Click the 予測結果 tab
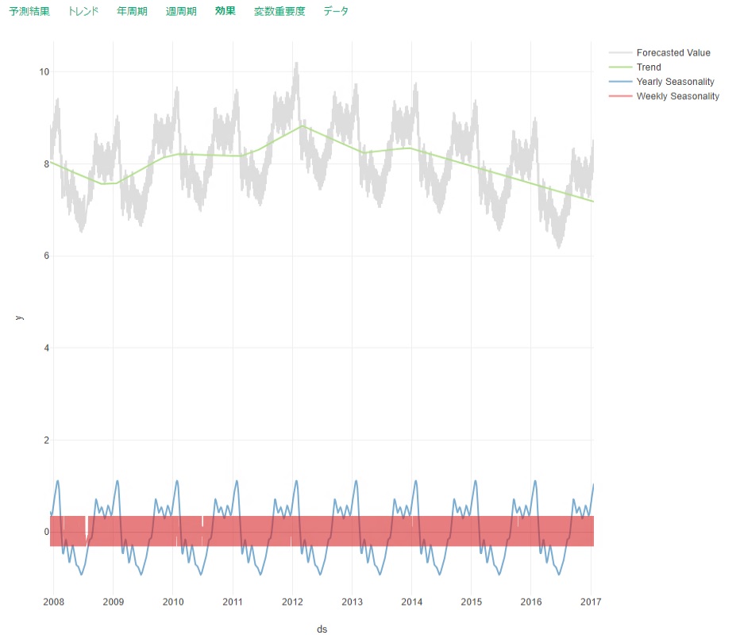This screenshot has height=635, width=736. click(x=29, y=12)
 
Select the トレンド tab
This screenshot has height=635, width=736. click(x=83, y=12)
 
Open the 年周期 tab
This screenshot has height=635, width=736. click(x=132, y=12)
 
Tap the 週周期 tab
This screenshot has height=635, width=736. click(x=181, y=12)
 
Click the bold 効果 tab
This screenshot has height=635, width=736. click(x=225, y=12)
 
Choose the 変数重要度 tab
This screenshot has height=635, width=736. click(x=279, y=12)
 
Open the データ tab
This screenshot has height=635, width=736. click(x=336, y=12)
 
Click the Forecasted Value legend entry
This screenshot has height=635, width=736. click(x=672, y=53)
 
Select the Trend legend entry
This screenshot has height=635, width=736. click(x=649, y=67)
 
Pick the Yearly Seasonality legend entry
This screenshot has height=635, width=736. click(x=675, y=82)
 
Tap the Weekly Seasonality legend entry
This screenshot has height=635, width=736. click(x=677, y=96)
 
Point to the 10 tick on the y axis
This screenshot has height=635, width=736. click(x=44, y=72)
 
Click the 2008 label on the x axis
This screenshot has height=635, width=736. click(x=53, y=601)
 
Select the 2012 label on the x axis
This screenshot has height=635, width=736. click(x=292, y=601)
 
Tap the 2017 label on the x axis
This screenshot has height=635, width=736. click(x=591, y=601)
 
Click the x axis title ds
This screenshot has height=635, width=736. click(x=322, y=629)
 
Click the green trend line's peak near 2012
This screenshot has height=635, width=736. click(x=302, y=126)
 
